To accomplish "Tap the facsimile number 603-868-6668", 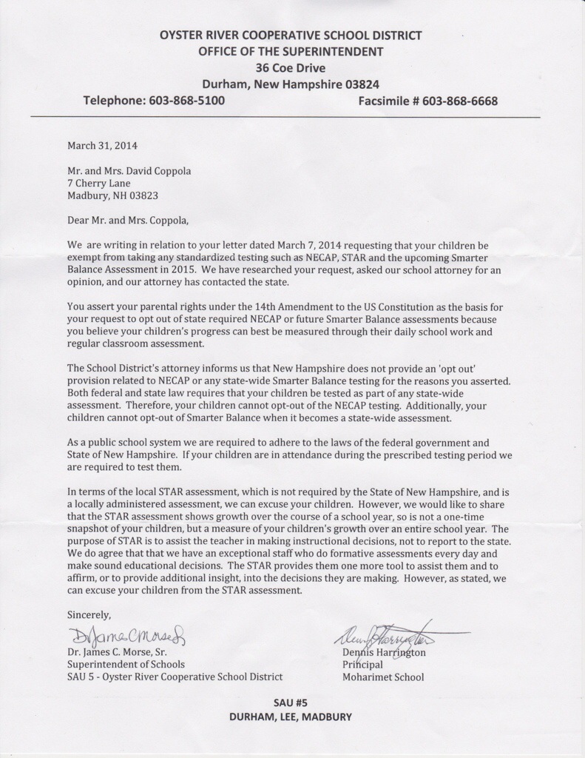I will click(459, 101).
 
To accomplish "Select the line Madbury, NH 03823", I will click(112, 195).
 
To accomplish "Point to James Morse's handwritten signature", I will click(129, 636).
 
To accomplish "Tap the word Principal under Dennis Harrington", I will click(362, 665).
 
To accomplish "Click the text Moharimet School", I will click(383, 677).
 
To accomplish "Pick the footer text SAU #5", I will click(290, 702).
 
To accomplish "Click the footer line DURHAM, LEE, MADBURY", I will click(290, 717).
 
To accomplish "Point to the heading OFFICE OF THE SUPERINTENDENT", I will click(291, 51).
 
